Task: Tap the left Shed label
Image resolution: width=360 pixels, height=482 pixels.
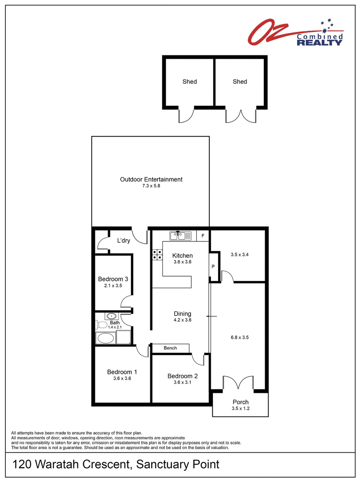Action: coord(189,82)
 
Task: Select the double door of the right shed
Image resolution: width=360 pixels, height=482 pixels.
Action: coord(241,116)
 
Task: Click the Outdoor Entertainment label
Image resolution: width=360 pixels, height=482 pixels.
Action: coord(151,179)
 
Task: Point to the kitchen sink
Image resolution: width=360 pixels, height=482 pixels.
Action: coord(180,236)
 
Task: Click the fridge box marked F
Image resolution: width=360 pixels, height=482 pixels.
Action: coord(203,236)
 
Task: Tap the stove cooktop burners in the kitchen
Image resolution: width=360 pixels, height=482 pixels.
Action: coord(157,255)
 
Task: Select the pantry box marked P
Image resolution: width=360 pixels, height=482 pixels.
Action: coord(213,267)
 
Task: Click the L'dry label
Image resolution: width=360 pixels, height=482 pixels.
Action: coord(123,241)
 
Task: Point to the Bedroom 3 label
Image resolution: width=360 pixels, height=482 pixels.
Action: coord(113,279)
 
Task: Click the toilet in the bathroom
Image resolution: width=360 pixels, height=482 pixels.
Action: coord(101,325)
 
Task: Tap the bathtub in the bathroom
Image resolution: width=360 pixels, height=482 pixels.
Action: coord(106,338)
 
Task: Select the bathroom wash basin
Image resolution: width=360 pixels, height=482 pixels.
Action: coord(111,316)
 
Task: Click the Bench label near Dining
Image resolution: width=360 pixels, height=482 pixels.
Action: coord(170,348)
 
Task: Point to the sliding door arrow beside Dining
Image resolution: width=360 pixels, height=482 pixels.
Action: coord(211,316)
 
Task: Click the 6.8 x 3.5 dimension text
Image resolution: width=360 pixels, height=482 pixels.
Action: coord(239,337)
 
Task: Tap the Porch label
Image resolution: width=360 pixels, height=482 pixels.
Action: coord(240,402)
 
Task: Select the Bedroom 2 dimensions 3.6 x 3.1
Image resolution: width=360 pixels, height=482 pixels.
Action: coord(182,382)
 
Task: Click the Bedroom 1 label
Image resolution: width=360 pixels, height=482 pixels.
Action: coord(122,372)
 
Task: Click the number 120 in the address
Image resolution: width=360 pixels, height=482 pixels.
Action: coord(22,464)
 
